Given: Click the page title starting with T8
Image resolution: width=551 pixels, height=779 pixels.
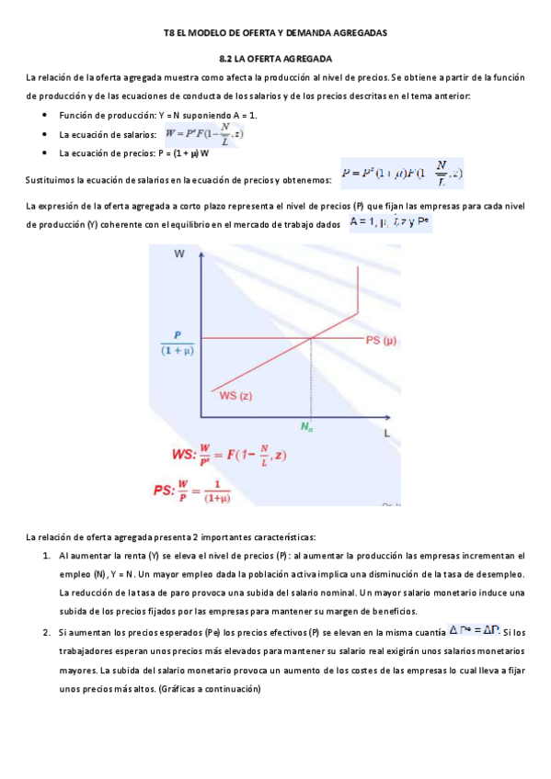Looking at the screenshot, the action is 275,33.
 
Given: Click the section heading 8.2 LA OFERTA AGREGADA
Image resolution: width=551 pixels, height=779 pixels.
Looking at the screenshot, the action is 275,57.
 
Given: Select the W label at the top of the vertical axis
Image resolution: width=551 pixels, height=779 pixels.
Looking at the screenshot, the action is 178,258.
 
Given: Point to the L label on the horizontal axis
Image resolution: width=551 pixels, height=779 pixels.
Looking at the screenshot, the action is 387,432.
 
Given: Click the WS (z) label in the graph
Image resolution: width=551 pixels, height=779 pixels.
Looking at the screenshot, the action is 235,396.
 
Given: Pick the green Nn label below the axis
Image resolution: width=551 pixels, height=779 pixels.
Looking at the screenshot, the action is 307,427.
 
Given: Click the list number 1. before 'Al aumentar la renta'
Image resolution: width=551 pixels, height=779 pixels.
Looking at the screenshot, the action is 47,556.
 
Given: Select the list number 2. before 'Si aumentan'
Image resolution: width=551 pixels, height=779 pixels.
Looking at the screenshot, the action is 47,632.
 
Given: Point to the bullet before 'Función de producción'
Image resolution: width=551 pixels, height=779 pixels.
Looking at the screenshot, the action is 45,115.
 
